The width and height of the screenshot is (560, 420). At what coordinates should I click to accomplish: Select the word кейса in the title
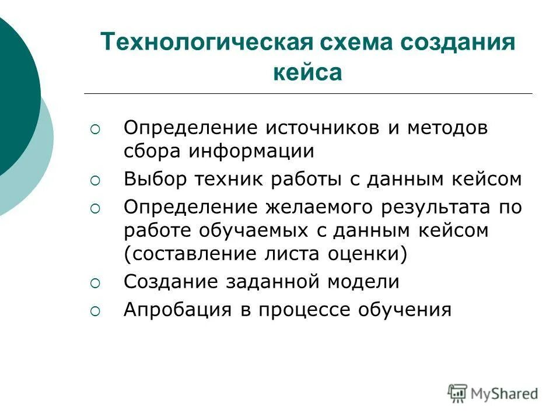coord(307,73)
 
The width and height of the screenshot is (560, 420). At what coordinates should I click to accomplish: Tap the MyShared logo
coord(493,393)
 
